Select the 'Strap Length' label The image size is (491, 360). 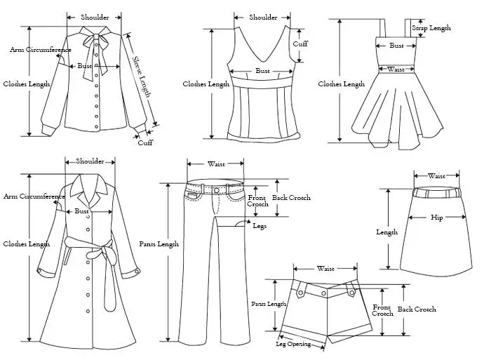[x=431, y=28]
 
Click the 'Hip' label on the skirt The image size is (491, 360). [x=437, y=218]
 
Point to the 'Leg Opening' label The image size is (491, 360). [x=293, y=345]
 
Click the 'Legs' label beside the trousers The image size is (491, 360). [x=260, y=225]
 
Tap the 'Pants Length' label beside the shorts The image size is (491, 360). [x=269, y=304]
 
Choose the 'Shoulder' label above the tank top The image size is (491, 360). [x=263, y=18]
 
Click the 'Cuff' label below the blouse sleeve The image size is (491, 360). [x=145, y=142]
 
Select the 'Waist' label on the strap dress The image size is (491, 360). [x=396, y=69]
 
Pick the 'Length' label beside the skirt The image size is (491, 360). [x=386, y=232]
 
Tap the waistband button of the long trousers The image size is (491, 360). [x=215, y=189]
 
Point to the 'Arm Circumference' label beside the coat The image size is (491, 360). [x=34, y=196]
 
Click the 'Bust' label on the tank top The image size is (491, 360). [x=262, y=71]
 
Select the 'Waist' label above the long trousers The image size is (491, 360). [x=216, y=164]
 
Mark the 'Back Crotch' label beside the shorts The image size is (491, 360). [x=417, y=309]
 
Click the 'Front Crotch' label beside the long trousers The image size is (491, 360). [x=258, y=201]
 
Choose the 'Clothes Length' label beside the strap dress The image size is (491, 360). [x=342, y=84]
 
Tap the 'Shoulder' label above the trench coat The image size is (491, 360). [x=90, y=161]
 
